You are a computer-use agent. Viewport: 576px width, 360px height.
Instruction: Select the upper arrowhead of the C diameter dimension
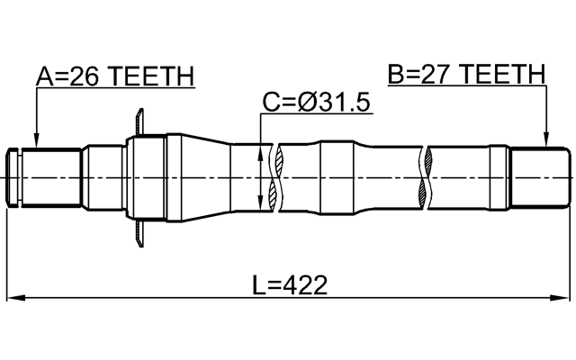pyautogui.click(x=261, y=153)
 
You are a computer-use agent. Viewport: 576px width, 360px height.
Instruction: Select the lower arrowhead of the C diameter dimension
pyautogui.click(x=261, y=204)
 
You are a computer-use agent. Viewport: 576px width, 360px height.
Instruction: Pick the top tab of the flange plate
pyautogui.click(x=139, y=118)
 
